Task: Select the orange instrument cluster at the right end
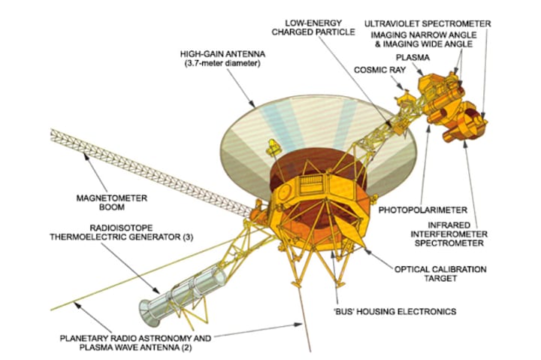point(451,113)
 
